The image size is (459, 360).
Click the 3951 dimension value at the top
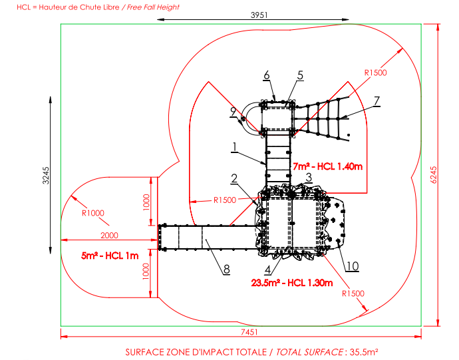pyautogui.click(x=259, y=15)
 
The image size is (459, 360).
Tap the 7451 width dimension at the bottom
pyautogui.click(x=249, y=332)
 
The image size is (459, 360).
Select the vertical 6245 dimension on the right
pyautogui.click(x=434, y=175)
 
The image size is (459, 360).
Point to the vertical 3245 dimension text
pyautogui.click(x=46, y=176)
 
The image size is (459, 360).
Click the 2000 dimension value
pyautogui.click(x=109, y=235)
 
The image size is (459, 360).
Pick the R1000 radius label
pyautogui.click(x=92, y=213)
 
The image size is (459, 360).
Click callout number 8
pyautogui.click(x=227, y=270)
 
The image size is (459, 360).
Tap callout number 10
pyautogui.click(x=352, y=266)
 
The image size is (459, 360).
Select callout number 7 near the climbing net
pyautogui.click(x=377, y=100)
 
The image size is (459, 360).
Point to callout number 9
pyautogui.click(x=233, y=112)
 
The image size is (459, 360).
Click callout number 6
pyautogui.click(x=266, y=75)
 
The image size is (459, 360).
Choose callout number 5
pyautogui.click(x=300, y=75)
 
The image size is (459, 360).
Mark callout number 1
pyautogui.click(x=234, y=147)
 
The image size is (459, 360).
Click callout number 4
pyautogui.click(x=267, y=270)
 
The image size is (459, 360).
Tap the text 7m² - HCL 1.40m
pyautogui.click(x=328, y=166)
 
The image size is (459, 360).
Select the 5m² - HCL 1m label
pyautogui.click(x=110, y=256)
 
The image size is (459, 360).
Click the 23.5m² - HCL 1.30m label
pyautogui.click(x=292, y=283)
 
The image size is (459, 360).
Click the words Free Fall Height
pyautogui.click(x=153, y=7)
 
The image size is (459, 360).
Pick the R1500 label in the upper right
pyautogui.click(x=376, y=73)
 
